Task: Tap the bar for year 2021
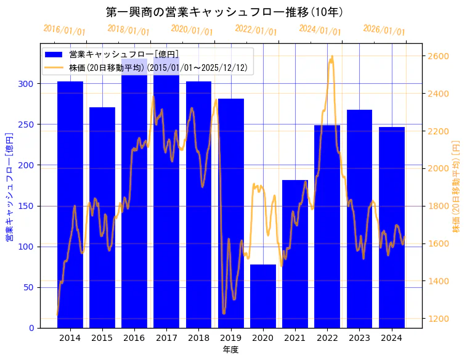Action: pos(295,253)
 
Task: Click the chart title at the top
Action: pos(225,12)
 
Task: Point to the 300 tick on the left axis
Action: pos(28,84)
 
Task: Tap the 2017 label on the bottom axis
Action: pos(166,338)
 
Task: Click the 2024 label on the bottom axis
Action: pos(392,338)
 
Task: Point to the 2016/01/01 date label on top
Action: pos(64,30)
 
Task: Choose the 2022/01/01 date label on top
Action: pos(256,30)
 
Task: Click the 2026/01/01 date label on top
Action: pos(384,30)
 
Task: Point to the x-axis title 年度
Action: pos(230,350)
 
